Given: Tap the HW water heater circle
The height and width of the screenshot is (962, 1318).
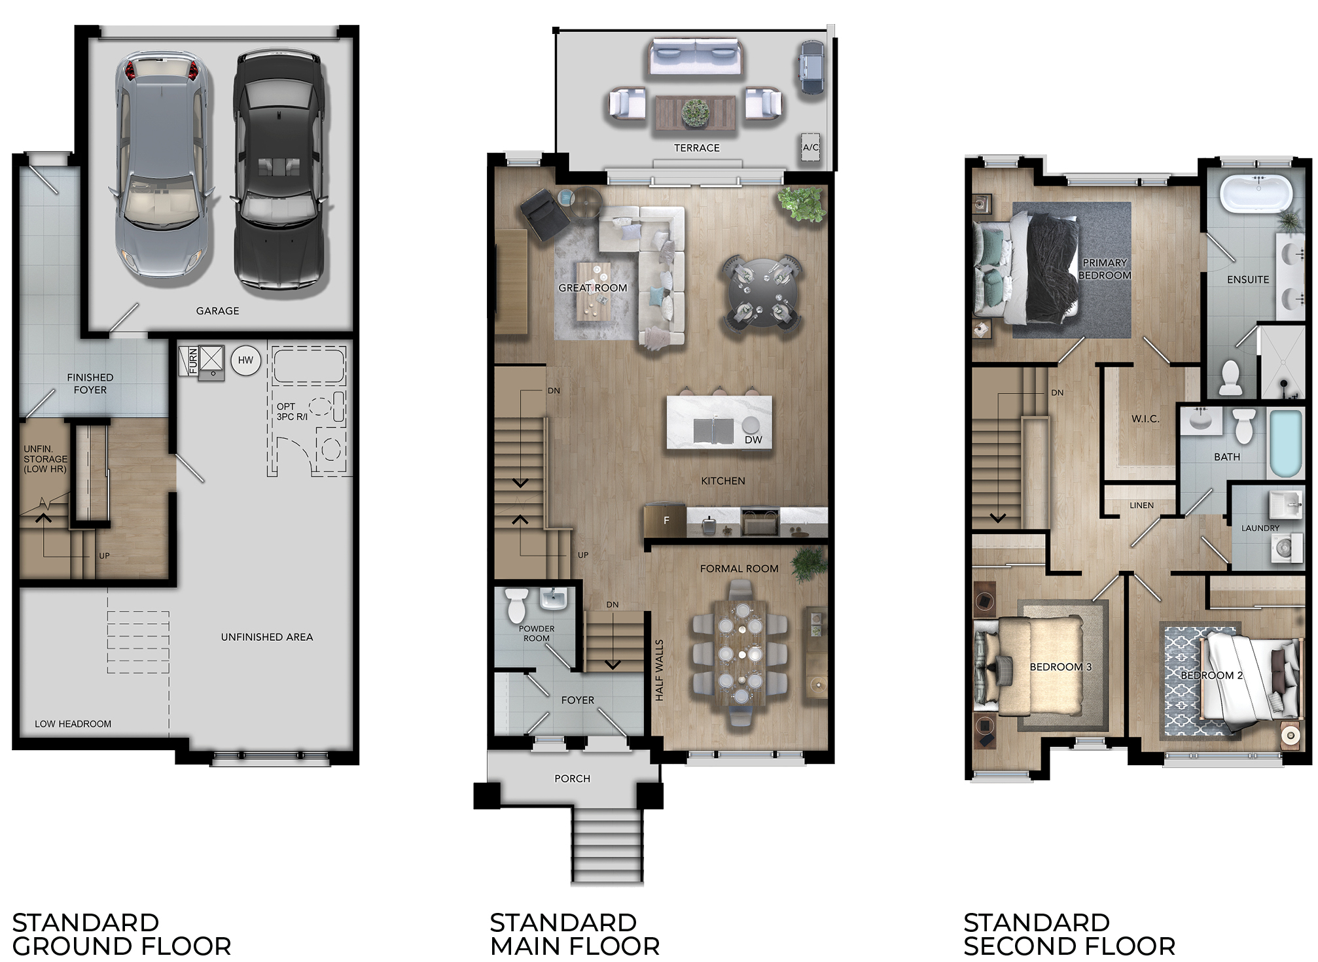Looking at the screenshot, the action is click(246, 360).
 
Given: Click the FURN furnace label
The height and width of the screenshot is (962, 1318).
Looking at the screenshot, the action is click(193, 361).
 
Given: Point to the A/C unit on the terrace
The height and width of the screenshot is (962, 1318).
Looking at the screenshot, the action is click(811, 148).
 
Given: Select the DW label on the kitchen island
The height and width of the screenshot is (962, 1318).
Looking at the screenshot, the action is click(753, 440).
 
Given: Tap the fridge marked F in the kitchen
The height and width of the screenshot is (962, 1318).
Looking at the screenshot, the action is click(666, 521).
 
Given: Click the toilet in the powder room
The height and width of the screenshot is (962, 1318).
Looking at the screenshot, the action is click(517, 605).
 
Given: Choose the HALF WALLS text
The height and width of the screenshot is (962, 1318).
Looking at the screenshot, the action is click(660, 670).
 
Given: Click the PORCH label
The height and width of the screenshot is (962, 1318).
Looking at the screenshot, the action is click(573, 779).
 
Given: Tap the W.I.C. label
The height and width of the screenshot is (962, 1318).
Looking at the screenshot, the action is click(1145, 419).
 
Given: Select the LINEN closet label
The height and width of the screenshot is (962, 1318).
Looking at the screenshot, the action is click(1141, 506).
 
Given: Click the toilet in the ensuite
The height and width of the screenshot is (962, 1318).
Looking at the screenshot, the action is click(1231, 377).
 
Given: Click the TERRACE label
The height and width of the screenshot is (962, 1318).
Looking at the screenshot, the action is click(697, 148).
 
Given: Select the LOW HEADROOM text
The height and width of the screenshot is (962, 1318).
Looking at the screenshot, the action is click(73, 724).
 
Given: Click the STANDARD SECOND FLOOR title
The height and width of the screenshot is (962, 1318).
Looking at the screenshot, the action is click(1069, 935).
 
